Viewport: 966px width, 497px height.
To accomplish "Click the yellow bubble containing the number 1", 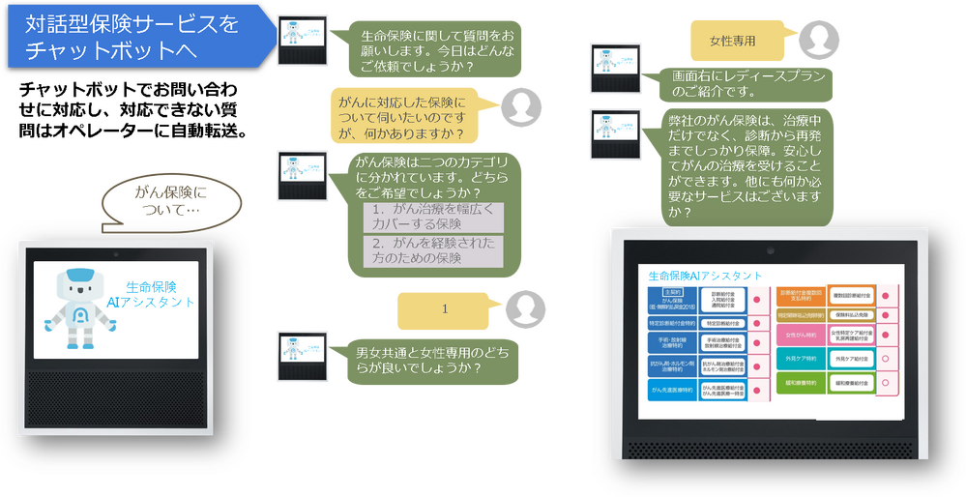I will [445, 309].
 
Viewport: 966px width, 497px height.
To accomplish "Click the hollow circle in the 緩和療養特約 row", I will [885, 383].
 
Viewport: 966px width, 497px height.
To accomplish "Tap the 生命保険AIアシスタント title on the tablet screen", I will [705, 276].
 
